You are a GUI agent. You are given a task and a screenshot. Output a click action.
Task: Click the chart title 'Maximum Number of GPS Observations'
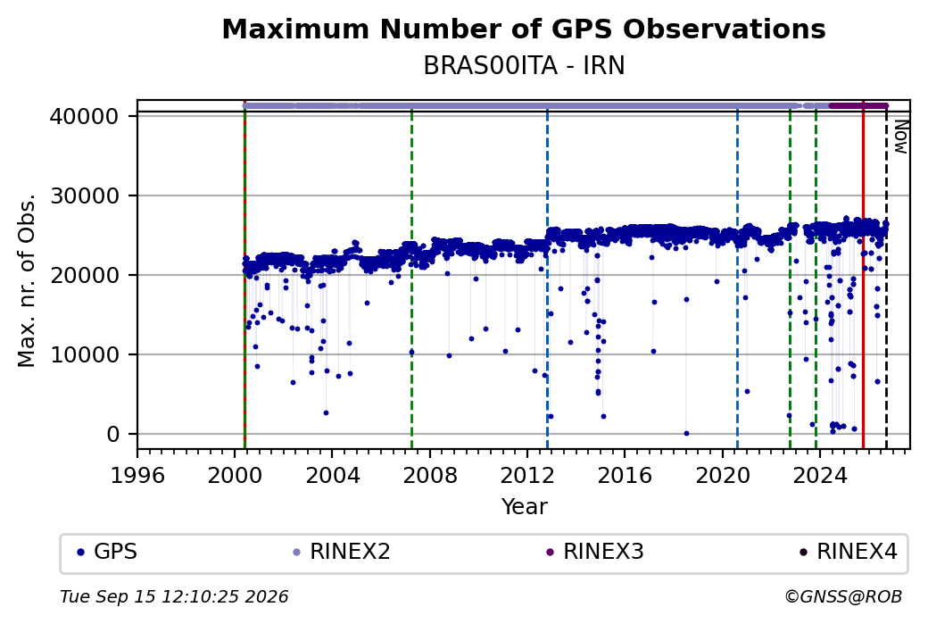coord(524,29)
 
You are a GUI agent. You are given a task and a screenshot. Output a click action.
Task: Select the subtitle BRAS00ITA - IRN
coord(524,66)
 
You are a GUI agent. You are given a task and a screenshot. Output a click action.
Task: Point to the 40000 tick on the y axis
coord(85,116)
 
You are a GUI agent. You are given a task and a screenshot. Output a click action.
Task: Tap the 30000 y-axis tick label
coord(85,196)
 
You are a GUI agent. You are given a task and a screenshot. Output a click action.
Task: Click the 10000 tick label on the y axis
coord(85,354)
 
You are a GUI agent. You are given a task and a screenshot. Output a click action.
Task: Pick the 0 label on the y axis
coord(113,435)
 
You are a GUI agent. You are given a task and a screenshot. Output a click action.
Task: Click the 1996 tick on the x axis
coord(137,475)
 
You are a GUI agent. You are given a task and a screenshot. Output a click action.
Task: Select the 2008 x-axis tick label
coord(430,475)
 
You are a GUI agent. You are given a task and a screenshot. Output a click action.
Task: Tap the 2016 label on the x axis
coord(625,475)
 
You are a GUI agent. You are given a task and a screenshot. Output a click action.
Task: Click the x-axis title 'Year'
coord(525,507)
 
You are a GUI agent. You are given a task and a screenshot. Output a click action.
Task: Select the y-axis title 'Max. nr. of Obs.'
coord(27,280)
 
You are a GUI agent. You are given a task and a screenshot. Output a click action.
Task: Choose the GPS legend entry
coord(107,552)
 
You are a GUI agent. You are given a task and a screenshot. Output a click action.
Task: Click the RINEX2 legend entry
coord(342,552)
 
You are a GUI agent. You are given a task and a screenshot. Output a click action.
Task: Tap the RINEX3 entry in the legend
coord(595,552)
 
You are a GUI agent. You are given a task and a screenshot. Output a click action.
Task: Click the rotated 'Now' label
coord(900,137)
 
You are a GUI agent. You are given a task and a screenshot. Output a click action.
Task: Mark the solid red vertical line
coord(863,275)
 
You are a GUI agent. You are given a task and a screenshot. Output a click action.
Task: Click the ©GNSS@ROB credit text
coord(843,596)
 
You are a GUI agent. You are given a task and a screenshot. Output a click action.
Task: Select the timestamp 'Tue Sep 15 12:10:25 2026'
coord(175,596)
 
